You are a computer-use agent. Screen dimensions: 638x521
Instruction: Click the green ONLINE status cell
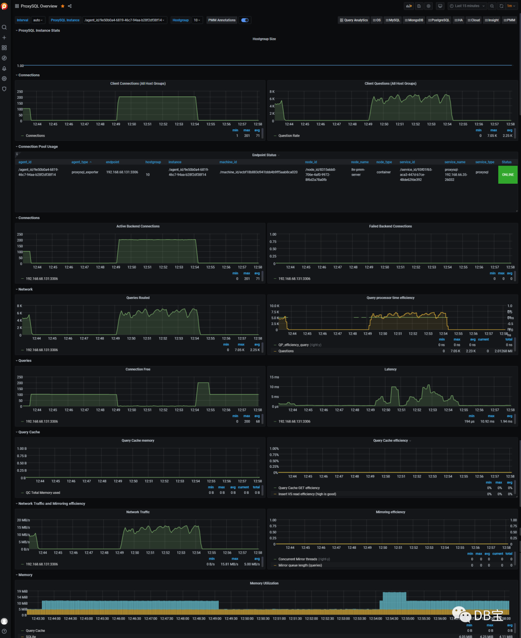(x=507, y=175)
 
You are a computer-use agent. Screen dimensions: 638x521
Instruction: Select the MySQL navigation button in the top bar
(x=393, y=20)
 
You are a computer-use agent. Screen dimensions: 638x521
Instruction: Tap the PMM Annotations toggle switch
(x=245, y=20)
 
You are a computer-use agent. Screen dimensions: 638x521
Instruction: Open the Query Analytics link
(x=354, y=20)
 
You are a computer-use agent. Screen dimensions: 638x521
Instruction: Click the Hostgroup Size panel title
(x=264, y=39)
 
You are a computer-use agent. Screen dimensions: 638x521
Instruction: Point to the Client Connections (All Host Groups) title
(x=138, y=83)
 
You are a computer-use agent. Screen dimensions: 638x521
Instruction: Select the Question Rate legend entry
(x=289, y=136)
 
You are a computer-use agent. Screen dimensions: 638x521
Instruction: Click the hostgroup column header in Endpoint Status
(x=153, y=162)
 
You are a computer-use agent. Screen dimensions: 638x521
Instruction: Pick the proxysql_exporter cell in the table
(x=85, y=172)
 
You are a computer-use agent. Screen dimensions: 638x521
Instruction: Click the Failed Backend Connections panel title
(x=390, y=226)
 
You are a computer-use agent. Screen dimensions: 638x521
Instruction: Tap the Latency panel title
(x=390, y=369)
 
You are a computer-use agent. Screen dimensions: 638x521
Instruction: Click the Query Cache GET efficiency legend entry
(x=299, y=488)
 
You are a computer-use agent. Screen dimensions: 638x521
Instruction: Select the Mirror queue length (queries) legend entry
(x=300, y=565)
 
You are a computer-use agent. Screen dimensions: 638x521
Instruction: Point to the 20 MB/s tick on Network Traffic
(x=24, y=520)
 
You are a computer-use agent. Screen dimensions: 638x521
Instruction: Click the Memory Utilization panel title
(x=264, y=584)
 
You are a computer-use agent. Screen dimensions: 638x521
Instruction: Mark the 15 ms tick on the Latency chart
(x=274, y=377)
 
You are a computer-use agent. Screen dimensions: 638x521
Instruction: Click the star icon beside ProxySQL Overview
(x=63, y=6)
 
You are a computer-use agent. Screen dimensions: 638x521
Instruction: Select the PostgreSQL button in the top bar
(x=439, y=20)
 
